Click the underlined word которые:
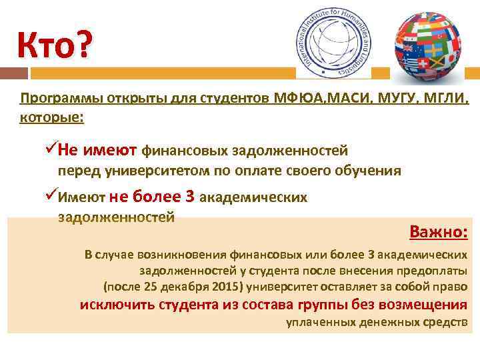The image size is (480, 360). point(52,118)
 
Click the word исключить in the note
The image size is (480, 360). point(117,305)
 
